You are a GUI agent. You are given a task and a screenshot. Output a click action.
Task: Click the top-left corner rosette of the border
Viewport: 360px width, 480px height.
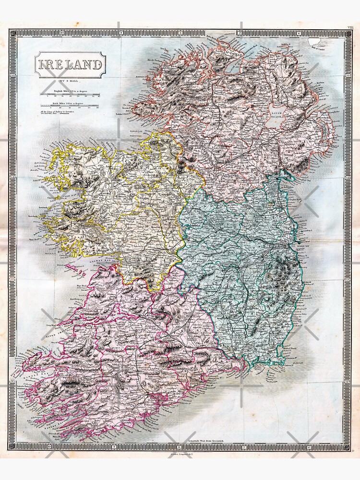click(x=13, y=33)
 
